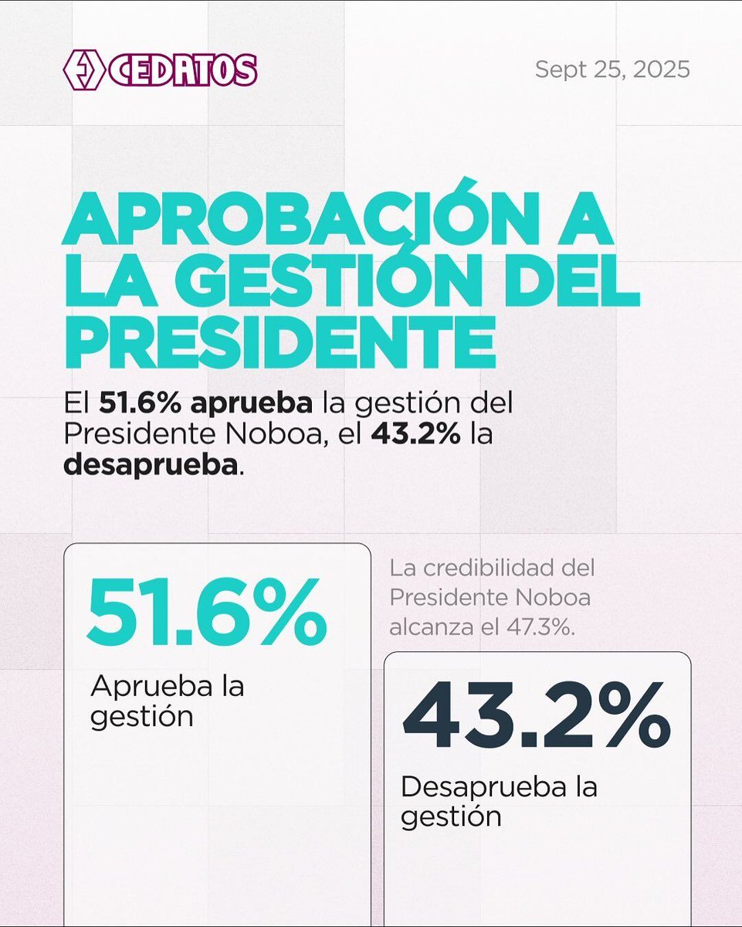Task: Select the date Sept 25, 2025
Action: (612, 70)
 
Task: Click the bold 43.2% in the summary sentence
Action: (415, 435)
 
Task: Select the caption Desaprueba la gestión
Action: (499, 801)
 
